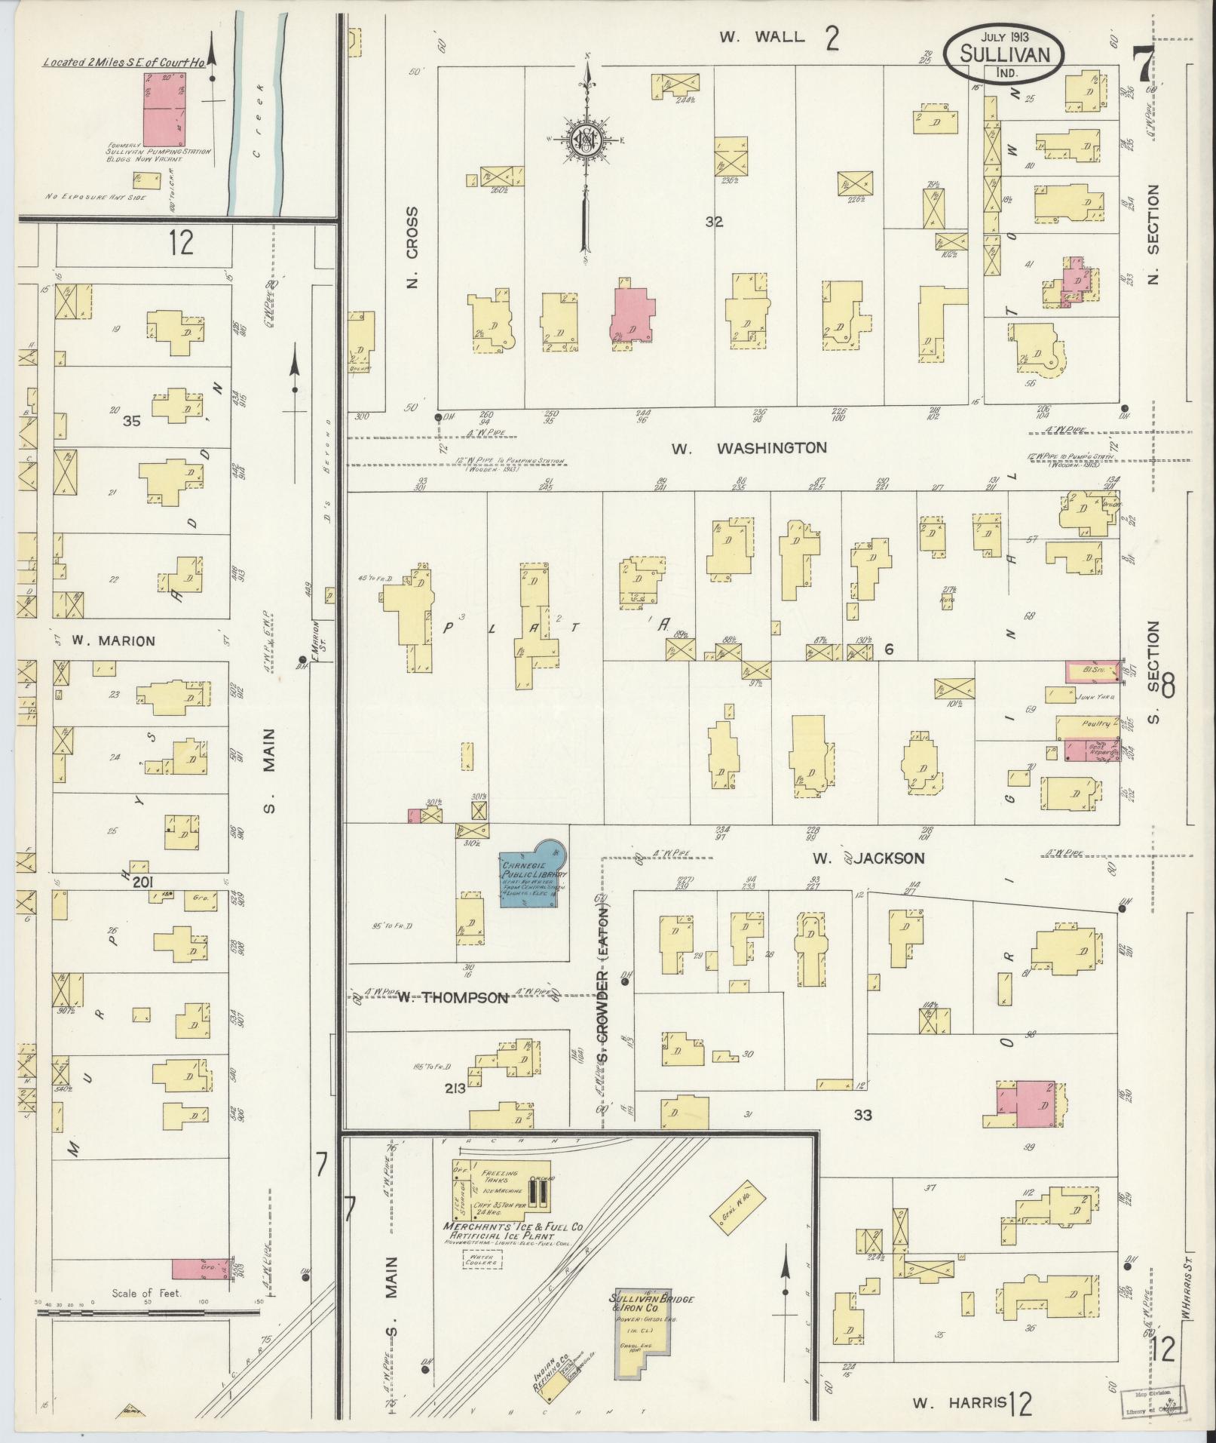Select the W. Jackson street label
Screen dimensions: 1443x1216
coord(868,858)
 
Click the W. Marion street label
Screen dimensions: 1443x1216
coord(113,641)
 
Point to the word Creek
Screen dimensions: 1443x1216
coord(259,121)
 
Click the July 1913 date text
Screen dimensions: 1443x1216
coord(1006,35)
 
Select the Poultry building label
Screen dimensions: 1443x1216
coord(1095,723)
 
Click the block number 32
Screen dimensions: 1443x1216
coord(714,223)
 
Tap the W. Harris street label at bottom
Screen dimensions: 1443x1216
coord(959,1403)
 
